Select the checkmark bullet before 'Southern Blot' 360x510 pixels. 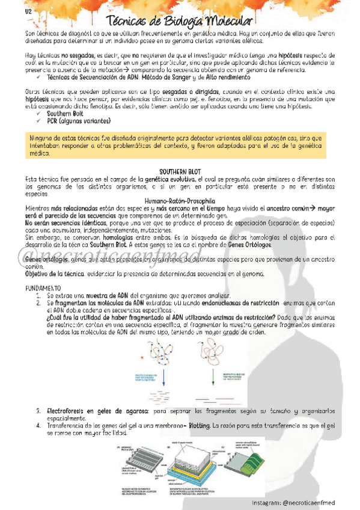click(39, 113)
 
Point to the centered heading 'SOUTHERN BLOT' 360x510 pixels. click(180, 171)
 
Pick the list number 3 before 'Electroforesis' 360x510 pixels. click(38, 411)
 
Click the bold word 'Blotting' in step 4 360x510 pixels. click(199, 426)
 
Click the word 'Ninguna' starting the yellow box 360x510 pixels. click(41, 138)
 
